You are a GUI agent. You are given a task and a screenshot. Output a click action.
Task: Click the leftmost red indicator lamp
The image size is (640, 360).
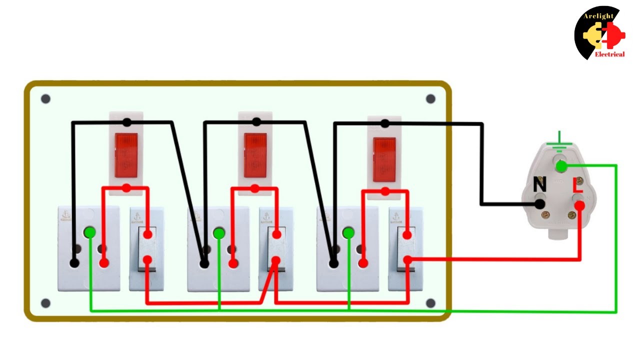tap(126, 155)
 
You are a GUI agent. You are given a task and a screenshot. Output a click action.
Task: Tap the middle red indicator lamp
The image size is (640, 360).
tap(255, 155)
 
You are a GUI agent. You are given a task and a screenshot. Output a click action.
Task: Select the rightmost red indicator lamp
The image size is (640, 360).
tap(384, 159)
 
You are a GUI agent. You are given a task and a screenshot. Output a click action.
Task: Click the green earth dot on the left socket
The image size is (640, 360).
tap(90, 232)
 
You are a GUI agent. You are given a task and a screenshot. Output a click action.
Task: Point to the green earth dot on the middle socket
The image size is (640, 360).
tap(219, 233)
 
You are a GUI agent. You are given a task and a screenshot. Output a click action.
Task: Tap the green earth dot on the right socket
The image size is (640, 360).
tap(348, 233)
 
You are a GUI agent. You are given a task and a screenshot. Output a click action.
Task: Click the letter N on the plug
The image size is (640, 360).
tap(539, 185)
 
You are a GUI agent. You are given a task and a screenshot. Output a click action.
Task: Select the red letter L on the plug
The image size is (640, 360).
tap(577, 185)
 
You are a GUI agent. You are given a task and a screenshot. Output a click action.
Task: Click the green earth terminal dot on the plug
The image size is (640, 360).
tap(561, 166)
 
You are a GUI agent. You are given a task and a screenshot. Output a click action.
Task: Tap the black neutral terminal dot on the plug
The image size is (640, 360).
tap(540, 204)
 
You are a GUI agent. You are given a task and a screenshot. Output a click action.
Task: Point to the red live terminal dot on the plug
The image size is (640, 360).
tap(579, 205)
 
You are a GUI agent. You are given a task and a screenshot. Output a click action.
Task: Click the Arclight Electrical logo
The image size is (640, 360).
tap(600, 33)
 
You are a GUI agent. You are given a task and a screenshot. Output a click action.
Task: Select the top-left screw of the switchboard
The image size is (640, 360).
tap(45, 99)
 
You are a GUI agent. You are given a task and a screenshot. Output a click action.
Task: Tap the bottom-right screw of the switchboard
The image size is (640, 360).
tap(430, 303)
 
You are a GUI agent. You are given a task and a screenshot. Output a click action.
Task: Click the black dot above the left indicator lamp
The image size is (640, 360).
tap(127, 122)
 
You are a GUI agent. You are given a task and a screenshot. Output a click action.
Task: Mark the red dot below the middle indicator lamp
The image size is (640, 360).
tap(255, 188)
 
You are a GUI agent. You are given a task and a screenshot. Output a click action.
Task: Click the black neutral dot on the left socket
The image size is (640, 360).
tap(74, 262)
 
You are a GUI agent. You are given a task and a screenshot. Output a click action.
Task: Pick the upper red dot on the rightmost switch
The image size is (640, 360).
tap(407, 234)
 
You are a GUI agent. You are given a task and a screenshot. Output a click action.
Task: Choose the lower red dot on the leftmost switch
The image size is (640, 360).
tap(147, 259)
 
